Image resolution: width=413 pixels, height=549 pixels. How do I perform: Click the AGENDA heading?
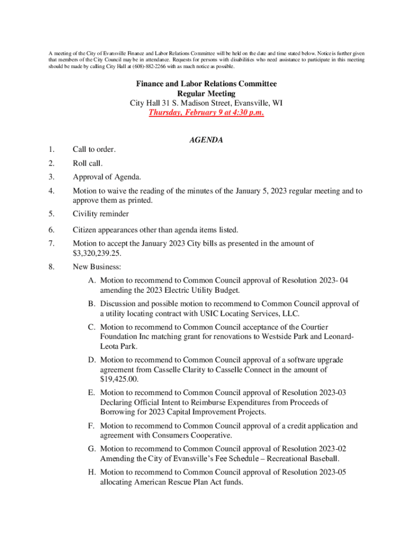click(206, 140)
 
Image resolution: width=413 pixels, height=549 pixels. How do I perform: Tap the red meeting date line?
click(206, 113)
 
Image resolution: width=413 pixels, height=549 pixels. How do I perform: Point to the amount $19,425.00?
click(119, 379)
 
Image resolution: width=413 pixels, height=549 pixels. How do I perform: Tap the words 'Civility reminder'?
click(101, 214)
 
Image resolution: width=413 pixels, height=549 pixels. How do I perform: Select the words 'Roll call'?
click(87, 163)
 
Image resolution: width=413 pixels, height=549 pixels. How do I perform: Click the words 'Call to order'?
click(94, 149)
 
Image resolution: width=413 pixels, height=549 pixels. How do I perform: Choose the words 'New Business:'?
click(97, 266)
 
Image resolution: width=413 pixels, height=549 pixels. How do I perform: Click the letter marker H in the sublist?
click(92, 472)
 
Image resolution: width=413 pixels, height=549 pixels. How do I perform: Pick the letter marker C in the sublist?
click(92, 327)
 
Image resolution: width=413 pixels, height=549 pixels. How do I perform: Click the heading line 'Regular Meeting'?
click(206, 93)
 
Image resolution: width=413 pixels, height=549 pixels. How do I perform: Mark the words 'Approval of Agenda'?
click(107, 177)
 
